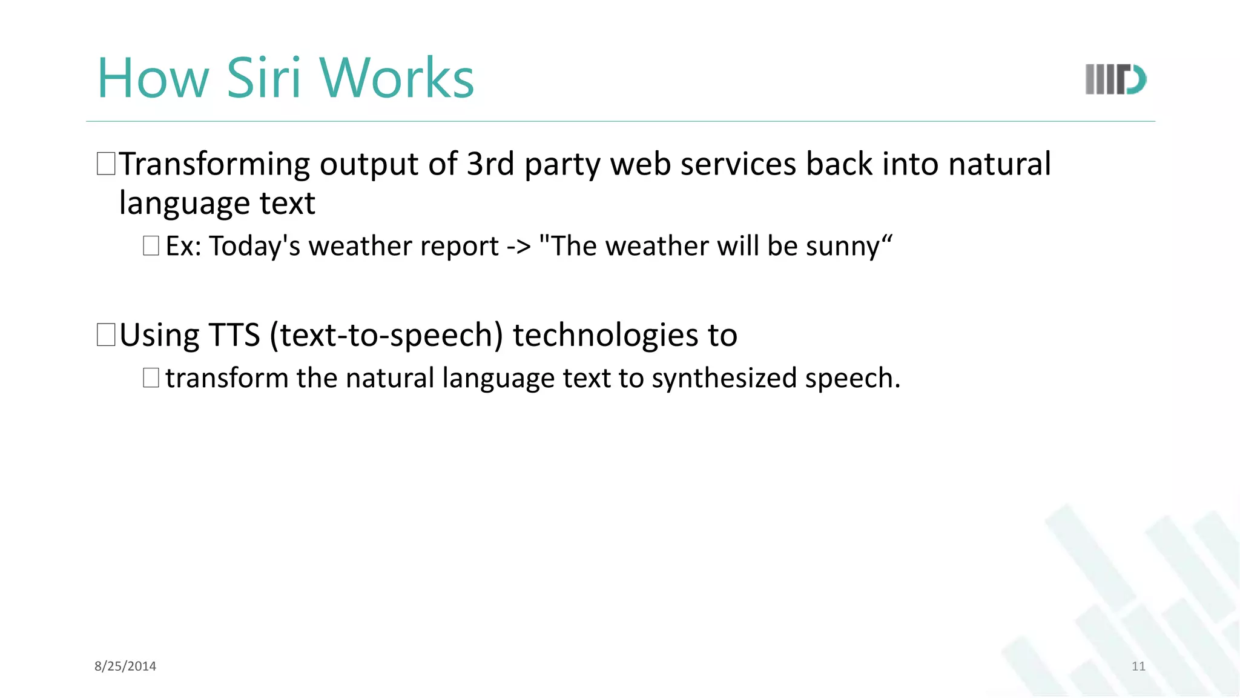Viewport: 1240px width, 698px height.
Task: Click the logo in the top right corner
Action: tap(1115, 79)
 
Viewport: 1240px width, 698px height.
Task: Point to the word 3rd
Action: tap(490, 164)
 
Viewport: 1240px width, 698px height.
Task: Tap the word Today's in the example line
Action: tap(255, 247)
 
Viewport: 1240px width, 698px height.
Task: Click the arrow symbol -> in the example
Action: tap(519, 247)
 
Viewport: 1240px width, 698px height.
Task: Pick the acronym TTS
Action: tap(234, 335)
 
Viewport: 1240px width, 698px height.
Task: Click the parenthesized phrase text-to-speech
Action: tap(387, 335)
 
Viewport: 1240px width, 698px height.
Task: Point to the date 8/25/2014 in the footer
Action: tap(125, 666)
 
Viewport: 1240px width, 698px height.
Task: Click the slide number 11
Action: tap(1138, 666)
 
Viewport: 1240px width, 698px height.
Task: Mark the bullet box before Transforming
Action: tap(106, 164)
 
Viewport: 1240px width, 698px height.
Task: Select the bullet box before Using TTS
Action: tap(106, 335)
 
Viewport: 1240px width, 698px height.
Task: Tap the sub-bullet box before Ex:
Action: tap(151, 246)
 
